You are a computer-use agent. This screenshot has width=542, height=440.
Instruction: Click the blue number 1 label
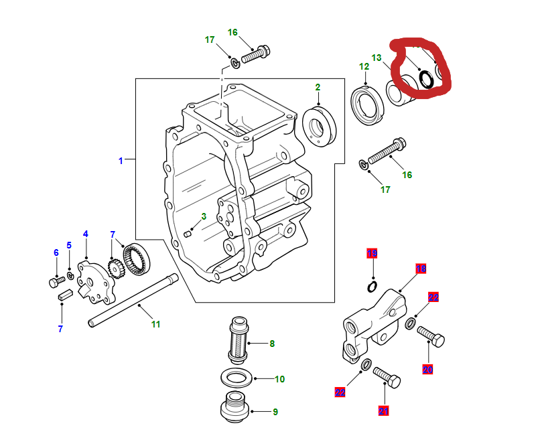pos(121,161)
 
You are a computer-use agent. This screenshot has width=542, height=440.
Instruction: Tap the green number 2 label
pos(318,87)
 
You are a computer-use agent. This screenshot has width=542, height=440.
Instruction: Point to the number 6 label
pos(56,252)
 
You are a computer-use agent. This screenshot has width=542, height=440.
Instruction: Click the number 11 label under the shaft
pos(155,324)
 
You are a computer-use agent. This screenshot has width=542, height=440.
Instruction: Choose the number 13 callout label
pos(377,58)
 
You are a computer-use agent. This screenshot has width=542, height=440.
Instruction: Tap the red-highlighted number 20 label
pos(428,369)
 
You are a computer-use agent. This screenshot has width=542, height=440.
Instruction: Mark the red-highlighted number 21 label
pos(384,411)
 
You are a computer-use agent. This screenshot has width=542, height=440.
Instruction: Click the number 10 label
pos(279,379)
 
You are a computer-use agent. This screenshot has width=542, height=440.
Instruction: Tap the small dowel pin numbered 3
pos(188,232)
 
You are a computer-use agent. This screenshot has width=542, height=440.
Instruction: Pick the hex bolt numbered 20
pos(431,336)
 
